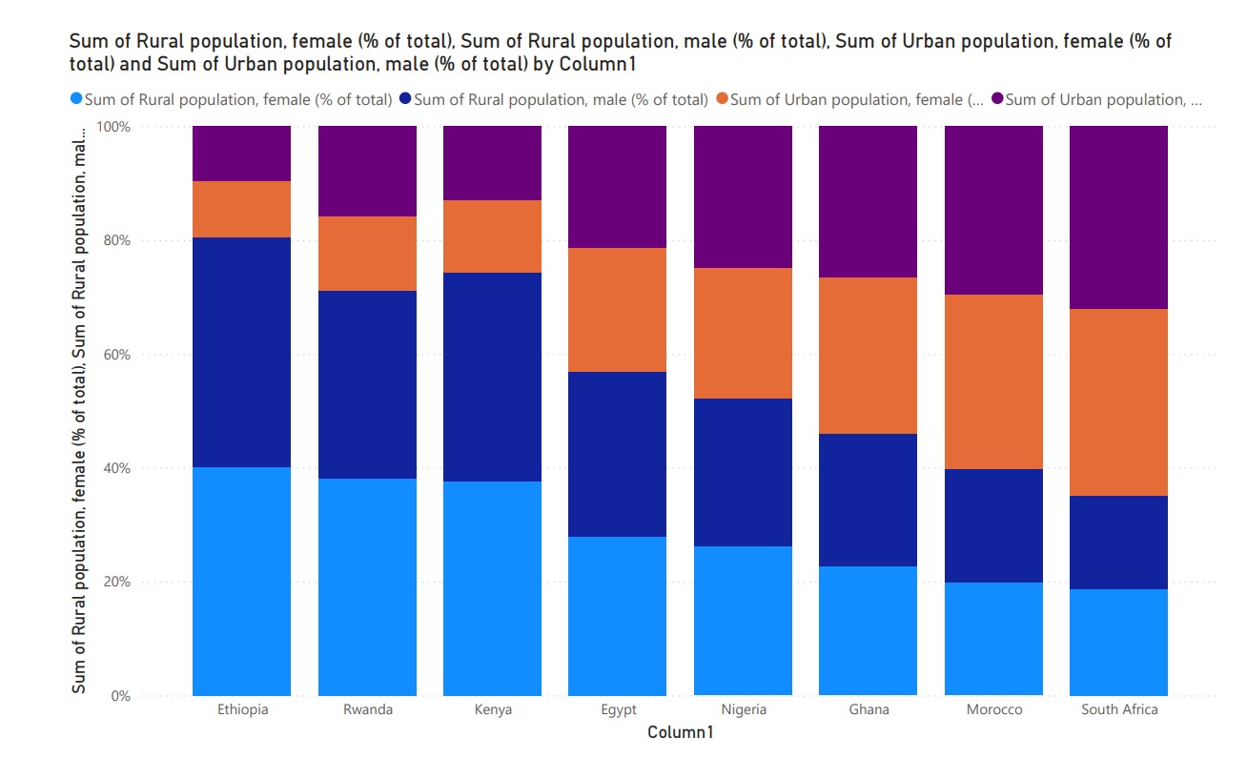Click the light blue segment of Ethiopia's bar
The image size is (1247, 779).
(x=241, y=581)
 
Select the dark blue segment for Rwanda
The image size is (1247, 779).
(x=367, y=384)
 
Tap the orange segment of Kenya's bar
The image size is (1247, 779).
(x=492, y=236)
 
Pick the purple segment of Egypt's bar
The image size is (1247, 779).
(x=617, y=187)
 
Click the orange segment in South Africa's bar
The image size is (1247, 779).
(x=1118, y=401)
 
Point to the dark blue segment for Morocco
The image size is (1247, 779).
(x=993, y=525)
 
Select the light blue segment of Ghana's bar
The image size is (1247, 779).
(x=868, y=630)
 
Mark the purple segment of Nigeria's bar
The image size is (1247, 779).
(x=743, y=196)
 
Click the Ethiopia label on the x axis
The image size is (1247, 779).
(x=242, y=710)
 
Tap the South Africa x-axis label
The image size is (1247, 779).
(x=1119, y=710)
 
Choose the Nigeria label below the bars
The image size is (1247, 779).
(x=743, y=710)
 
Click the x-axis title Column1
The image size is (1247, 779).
(x=680, y=732)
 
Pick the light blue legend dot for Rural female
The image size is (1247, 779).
(x=76, y=99)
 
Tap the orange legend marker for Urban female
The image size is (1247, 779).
(x=722, y=99)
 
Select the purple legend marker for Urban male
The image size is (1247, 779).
(x=997, y=99)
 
